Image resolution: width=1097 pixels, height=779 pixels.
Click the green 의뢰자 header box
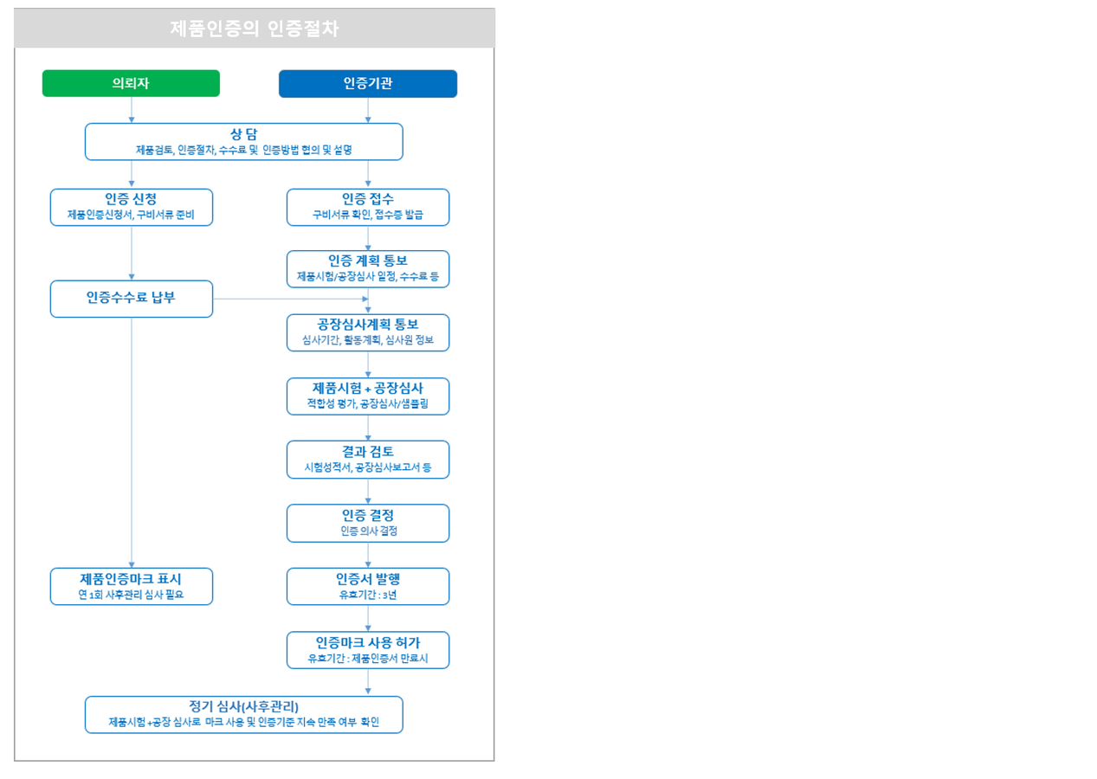click(131, 83)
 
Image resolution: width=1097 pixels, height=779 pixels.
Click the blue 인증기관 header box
click(368, 84)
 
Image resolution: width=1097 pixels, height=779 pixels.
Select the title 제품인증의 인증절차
click(255, 29)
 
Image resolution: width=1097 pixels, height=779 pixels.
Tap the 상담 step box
click(244, 141)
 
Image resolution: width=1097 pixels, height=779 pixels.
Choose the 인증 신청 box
click(132, 207)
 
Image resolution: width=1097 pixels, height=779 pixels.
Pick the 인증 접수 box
click(368, 207)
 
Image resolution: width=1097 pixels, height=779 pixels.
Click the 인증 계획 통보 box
click(368, 269)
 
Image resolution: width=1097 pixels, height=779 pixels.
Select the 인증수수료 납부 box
click(132, 299)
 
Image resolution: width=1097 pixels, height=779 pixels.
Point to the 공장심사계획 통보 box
click(368, 332)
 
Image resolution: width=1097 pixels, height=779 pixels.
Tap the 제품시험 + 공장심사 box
click(368, 396)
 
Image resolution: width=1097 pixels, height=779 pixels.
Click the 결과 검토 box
click(368, 460)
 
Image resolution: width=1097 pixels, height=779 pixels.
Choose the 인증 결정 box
click(368, 523)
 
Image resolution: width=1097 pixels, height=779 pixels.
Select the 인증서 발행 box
click(368, 586)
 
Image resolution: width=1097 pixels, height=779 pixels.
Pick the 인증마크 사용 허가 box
click(368, 650)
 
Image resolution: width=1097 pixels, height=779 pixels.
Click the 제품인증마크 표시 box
click(132, 586)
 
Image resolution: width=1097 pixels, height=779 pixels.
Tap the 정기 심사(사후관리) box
click(244, 714)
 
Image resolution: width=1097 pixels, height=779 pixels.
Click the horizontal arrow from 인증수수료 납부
click(290, 299)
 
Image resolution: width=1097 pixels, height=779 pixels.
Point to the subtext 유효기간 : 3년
click(368, 595)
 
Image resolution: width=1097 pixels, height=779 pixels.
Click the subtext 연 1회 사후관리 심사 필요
click(131, 595)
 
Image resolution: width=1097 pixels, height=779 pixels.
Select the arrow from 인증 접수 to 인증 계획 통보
click(368, 238)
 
